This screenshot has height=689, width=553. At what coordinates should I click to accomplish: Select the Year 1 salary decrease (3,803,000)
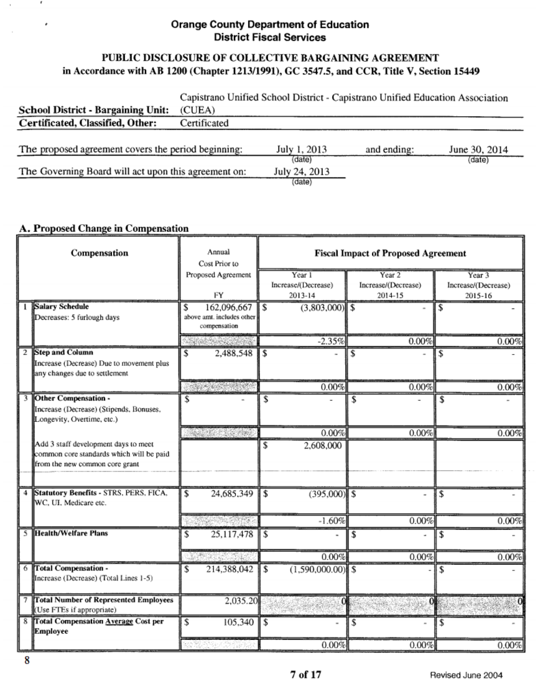[315, 307]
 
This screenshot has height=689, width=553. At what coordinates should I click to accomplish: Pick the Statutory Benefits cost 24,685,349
[228, 495]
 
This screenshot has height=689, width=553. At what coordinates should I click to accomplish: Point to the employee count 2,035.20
[239, 601]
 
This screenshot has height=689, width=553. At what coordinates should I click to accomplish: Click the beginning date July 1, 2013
[301, 150]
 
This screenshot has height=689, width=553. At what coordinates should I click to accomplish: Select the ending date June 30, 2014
[478, 150]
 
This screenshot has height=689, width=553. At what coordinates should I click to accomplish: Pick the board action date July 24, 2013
[302, 171]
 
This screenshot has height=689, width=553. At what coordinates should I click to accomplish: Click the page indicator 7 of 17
[305, 675]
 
